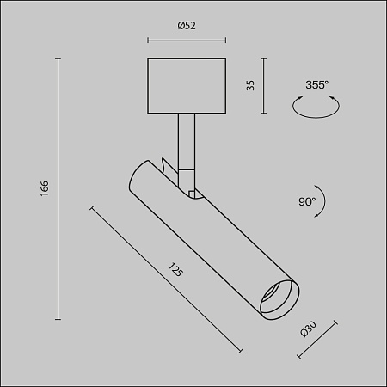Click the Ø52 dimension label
coord(187,26)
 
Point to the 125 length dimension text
coord(176,273)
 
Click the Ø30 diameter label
coord(309,333)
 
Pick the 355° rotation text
coord(316,85)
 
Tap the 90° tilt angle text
coord(307,201)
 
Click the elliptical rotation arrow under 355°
coord(316,107)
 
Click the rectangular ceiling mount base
coord(187,85)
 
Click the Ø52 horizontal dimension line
coord(187,40)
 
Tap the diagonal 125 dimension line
coord(165,277)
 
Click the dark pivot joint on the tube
coord(193,192)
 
